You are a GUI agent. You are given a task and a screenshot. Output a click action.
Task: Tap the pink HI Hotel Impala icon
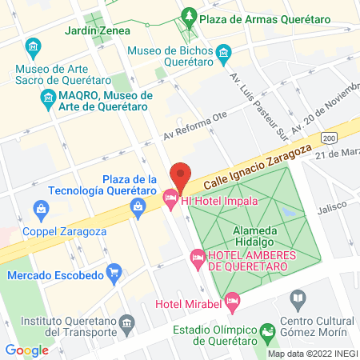(x=170, y=197)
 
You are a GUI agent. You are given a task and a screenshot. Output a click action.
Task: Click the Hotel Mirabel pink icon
(x=233, y=302)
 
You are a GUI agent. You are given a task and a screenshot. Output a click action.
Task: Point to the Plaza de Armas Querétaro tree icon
(x=190, y=15)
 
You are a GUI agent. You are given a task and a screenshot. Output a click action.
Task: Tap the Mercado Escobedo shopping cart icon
(x=115, y=272)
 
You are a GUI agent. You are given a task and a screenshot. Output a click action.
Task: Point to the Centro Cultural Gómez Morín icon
(x=298, y=301)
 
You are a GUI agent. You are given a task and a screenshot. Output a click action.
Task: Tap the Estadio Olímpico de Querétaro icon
(x=267, y=331)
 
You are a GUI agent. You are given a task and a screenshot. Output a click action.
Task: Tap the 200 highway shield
(x=330, y=138)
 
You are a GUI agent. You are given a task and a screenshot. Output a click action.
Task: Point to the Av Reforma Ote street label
(x=195, y=125)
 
